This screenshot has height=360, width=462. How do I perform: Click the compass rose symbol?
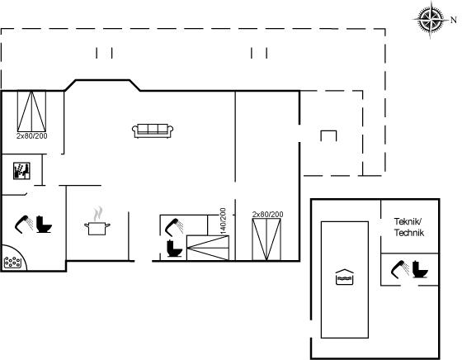430,20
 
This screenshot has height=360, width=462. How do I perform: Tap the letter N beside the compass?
454,20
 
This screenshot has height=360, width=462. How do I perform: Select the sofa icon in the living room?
153,130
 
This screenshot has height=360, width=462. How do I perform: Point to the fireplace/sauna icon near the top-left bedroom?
21,171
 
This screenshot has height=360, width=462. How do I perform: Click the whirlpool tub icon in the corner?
12,262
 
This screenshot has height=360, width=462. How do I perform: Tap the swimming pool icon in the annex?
345,277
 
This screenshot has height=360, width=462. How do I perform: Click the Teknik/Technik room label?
409,227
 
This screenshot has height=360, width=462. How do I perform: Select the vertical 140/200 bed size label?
223,221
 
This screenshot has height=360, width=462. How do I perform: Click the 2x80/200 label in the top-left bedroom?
32,136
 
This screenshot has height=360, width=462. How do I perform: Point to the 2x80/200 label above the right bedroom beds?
267,215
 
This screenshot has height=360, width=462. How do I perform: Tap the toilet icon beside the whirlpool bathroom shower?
44,225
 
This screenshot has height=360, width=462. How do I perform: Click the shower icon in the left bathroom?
24,225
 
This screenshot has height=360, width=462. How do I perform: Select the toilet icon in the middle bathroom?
174,249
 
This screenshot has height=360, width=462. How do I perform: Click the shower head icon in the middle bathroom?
174,227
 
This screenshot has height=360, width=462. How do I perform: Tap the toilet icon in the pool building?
420,269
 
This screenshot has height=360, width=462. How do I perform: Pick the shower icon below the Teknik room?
400,269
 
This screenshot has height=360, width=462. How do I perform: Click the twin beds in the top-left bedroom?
31,111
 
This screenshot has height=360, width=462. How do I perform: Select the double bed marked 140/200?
208,248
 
